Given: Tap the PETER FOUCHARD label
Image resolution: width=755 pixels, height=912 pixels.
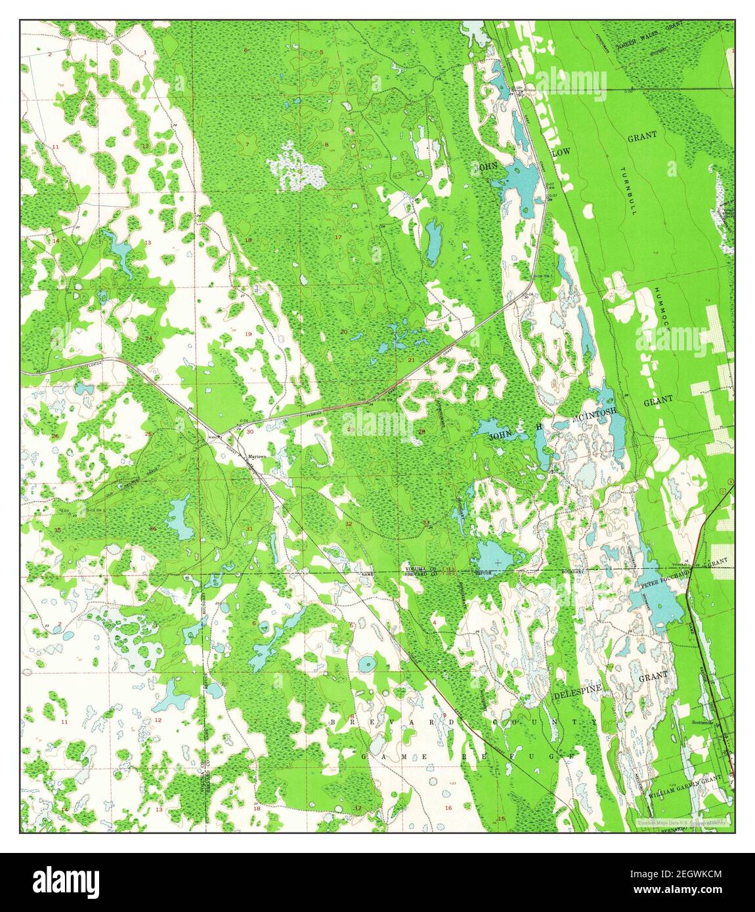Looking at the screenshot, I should [665, 577].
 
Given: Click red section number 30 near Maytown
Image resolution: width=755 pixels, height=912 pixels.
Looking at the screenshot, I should [249, 432].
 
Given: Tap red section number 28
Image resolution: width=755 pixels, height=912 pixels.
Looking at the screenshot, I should [422, 431].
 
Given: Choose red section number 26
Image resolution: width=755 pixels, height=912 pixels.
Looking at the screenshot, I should [55, 436].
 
